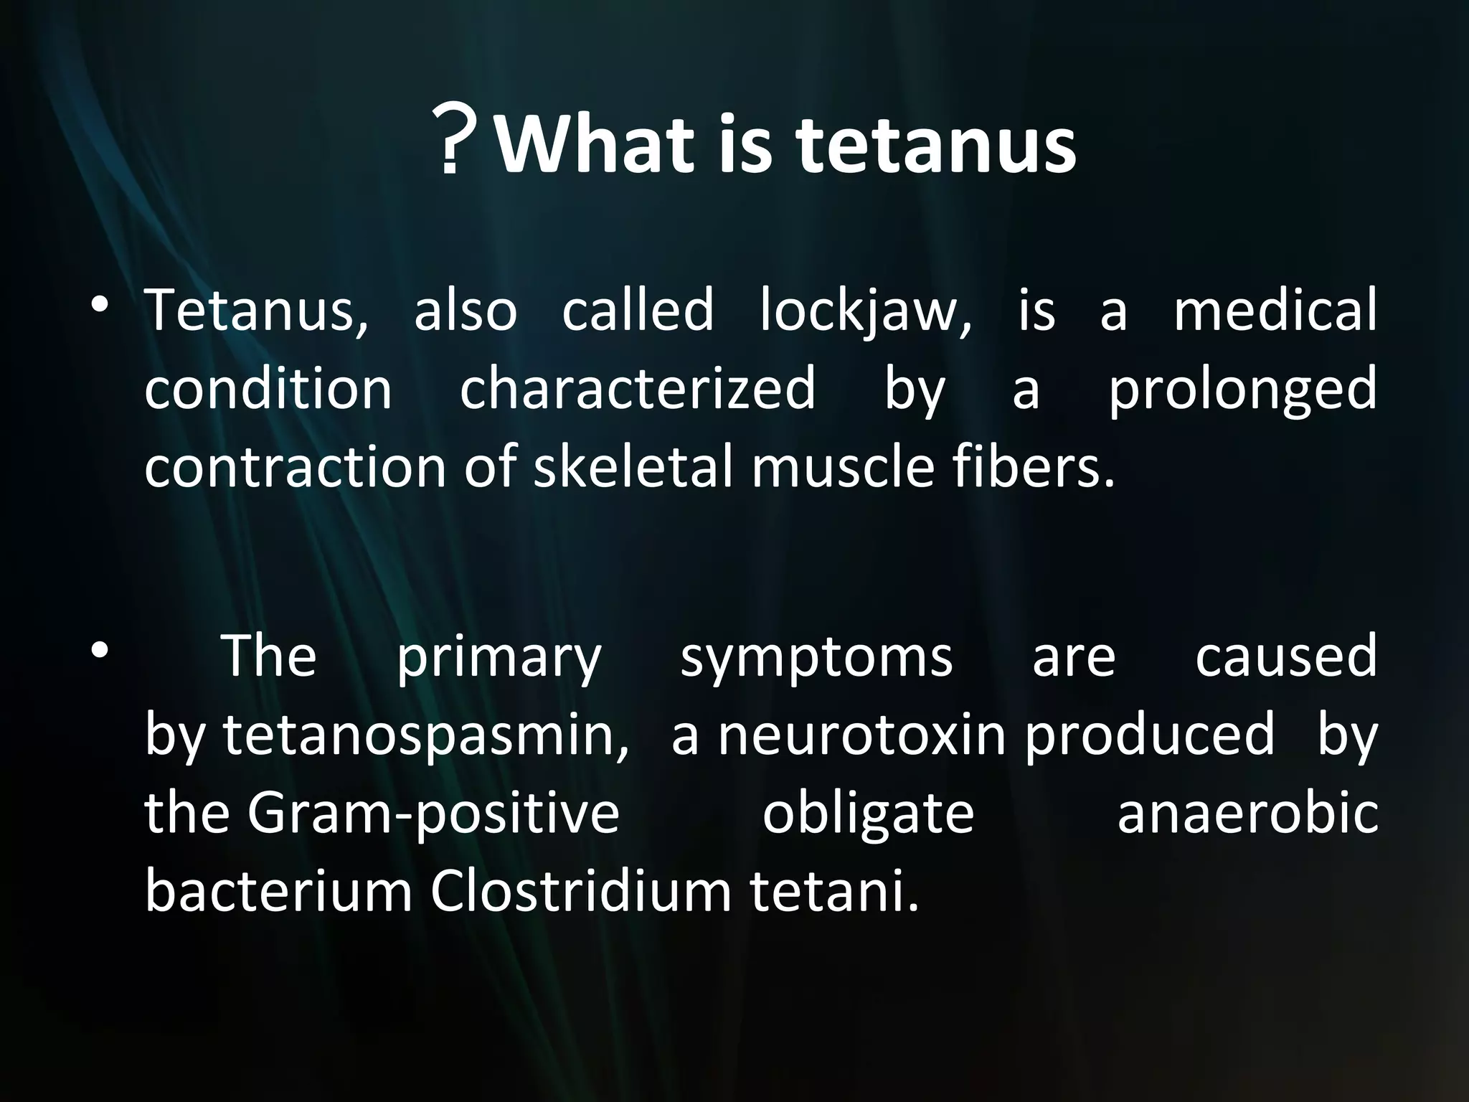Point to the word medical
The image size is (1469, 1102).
(x=1275, y=310)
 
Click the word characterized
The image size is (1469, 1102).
(x=637, y=388)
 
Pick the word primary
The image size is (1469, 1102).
(x=499, y=659)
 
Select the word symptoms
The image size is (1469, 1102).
(x=816, y=659)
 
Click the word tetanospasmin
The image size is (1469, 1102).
(x=426, y=738)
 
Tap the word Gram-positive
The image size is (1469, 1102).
(x=433, y=815)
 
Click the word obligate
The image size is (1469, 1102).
(x=868, y=816)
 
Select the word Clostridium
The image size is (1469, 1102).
(x=580, y=893)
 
